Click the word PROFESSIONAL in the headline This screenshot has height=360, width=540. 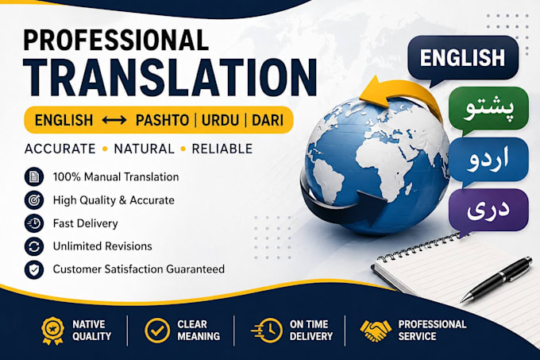[116, 41]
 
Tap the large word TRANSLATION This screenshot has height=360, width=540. [171, 78]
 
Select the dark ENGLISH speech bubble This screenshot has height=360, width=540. [463, 59]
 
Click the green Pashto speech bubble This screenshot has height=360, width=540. [488, 109]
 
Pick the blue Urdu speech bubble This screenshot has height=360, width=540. [488, 160]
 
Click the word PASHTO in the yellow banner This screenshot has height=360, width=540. [162, 120]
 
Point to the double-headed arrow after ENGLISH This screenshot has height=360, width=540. [114, 120]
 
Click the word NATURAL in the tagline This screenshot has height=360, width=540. [145, 149]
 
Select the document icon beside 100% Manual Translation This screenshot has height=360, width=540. [34, 176]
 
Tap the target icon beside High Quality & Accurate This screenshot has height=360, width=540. [34, 200]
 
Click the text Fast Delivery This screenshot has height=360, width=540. [86, 223]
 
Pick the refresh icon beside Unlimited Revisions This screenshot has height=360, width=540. [34, 246]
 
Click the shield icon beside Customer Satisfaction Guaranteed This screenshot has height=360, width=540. [34, 269]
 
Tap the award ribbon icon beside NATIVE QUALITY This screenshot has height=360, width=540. [52, 331]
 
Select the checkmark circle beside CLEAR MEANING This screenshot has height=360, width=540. [157, 331]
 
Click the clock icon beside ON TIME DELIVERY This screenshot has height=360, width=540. [267, 331]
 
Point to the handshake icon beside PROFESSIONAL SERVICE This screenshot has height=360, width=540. [376, 331]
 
